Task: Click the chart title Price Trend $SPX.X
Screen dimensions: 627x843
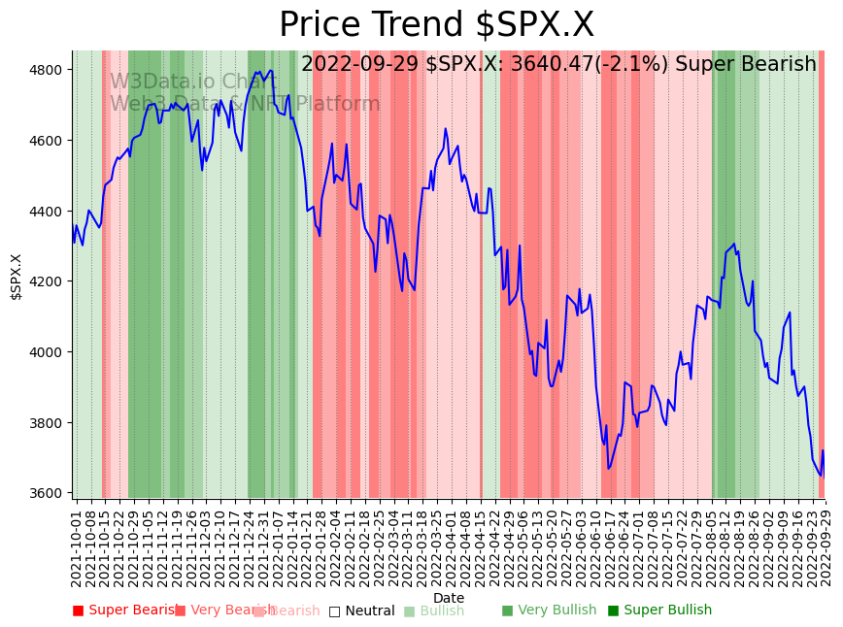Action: (x=436, y=25)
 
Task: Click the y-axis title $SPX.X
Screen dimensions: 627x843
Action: (x=17, y=277)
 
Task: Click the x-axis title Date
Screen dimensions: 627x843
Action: (x=449, y=598)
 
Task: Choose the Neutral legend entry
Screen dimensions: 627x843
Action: (x=361, y=610)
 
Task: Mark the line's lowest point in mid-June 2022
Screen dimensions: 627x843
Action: (x=608, y=469)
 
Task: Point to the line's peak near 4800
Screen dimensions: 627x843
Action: (x=271, y=69)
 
